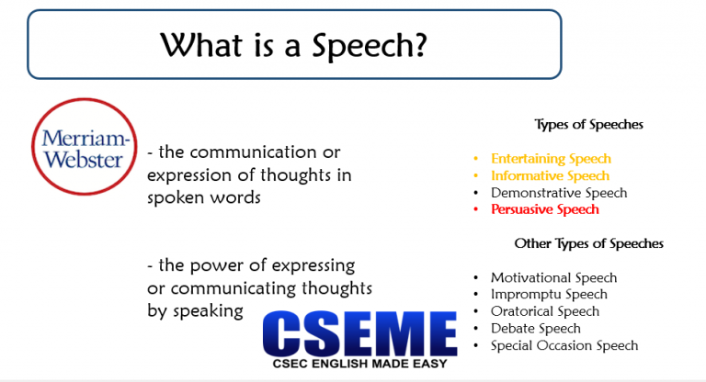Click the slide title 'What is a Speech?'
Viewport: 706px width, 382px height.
click(x=293, y=43)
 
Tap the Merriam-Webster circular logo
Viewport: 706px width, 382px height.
click(x=82, y=146)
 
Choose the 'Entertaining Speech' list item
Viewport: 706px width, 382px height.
click(x=551, y=159)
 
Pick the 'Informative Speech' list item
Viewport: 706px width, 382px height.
click(x=550, y=175)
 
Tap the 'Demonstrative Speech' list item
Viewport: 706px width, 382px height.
click(x=559, y=193)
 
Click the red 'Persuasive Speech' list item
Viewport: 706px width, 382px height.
click(x=544, y=209)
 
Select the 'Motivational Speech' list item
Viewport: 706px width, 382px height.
click(x=553, y=277)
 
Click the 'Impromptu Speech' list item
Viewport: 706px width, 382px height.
click(x=549, y=295)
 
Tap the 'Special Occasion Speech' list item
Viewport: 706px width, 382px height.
click(x=564, y=345)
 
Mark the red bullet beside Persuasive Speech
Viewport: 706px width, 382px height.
click(x=475, y=210)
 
